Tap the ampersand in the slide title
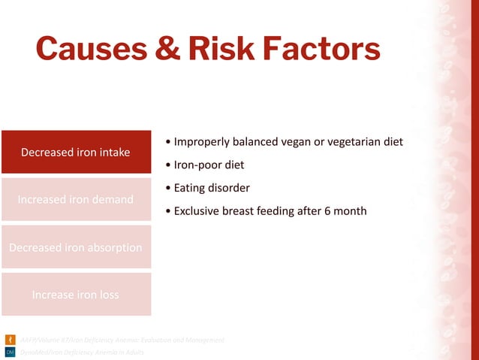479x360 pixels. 163,49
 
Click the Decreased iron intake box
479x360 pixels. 76,153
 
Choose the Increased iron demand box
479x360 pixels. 76,199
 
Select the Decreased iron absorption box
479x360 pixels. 76,247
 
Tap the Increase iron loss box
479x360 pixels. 76,294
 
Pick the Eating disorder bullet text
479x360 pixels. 212,188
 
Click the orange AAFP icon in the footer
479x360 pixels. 10,340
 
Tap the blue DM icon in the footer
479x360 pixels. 10,352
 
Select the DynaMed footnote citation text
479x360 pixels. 82,352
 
